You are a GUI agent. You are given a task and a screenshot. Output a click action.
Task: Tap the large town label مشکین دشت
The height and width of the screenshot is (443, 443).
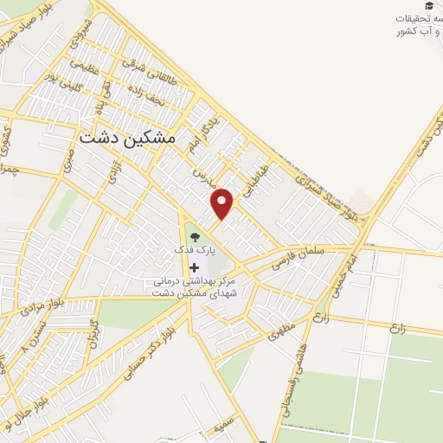tap(127, 138)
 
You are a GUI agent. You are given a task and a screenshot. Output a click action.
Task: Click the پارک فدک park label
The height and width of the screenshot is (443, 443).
tap(192, 249)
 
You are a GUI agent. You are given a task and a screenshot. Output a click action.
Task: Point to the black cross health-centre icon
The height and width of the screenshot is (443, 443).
tap(193, 267)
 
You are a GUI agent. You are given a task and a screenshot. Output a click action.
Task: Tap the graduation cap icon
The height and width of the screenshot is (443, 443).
tap(431, 5)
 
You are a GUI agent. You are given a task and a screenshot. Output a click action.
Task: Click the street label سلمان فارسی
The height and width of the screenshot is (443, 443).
tap(295, 257)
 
